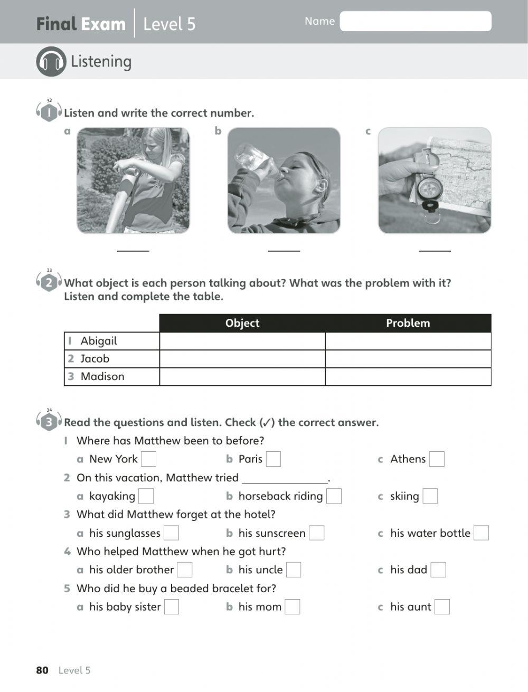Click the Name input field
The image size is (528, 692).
point(416,21)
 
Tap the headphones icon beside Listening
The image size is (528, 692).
point(51,61)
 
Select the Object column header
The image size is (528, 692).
point(242,323)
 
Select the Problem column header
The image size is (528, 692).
point(408,323)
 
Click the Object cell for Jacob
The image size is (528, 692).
point(242,359)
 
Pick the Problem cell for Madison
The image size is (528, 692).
point(408,377)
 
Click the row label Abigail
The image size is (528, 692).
point(99,341)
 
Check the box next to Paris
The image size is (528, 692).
point(274,459)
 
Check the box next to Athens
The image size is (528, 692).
point(437,459)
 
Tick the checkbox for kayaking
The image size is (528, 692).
point(146,496)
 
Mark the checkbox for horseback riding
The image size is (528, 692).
point(334,496)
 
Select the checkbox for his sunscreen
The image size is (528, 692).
point(316,533)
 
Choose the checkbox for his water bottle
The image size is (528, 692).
point(481,533)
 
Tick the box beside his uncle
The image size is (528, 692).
point(294,570)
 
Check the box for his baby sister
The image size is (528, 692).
point(172,607)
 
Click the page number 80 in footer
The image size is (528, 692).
point(42,670)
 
